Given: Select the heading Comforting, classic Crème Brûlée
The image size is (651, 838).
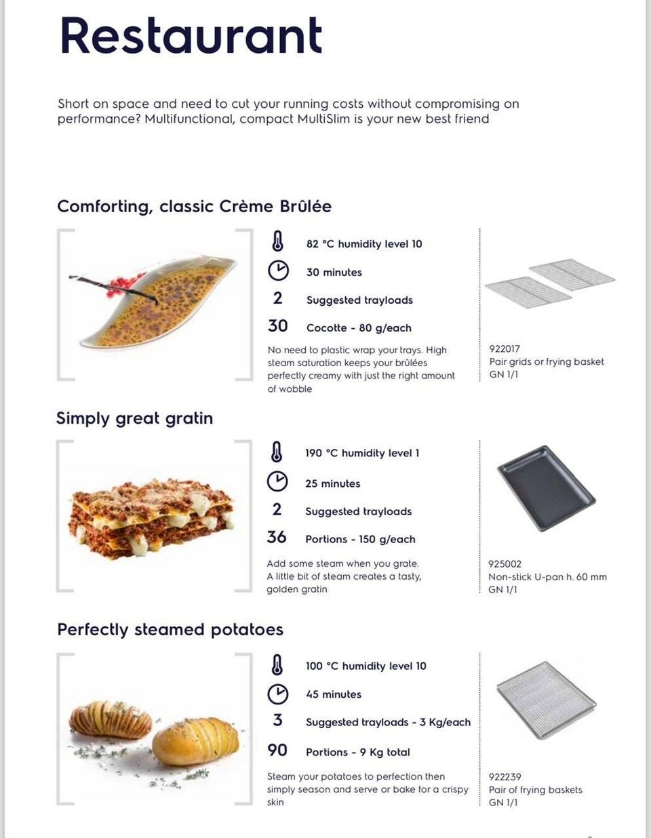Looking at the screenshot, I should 194,206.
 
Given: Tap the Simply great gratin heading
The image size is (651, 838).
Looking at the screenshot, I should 134,418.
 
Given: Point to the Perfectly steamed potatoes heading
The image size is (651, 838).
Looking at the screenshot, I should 170,629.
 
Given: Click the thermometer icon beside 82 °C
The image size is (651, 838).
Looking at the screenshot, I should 277,242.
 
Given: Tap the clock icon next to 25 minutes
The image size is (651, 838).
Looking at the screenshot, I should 277,481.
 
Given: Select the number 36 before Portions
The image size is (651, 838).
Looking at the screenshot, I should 277,538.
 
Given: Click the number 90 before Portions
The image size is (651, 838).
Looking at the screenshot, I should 277,750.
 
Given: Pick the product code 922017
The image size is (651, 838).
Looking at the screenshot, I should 505,348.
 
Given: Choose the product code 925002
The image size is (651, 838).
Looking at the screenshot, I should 505,563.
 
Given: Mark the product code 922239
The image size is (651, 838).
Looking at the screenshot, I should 505,776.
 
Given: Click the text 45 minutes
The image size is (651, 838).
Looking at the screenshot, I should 334,694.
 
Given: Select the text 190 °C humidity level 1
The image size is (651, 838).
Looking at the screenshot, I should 362,453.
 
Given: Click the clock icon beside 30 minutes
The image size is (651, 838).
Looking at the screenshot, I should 278,271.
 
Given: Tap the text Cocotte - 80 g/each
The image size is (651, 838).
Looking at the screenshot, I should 359,327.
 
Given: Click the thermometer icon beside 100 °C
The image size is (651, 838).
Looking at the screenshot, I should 277,665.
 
